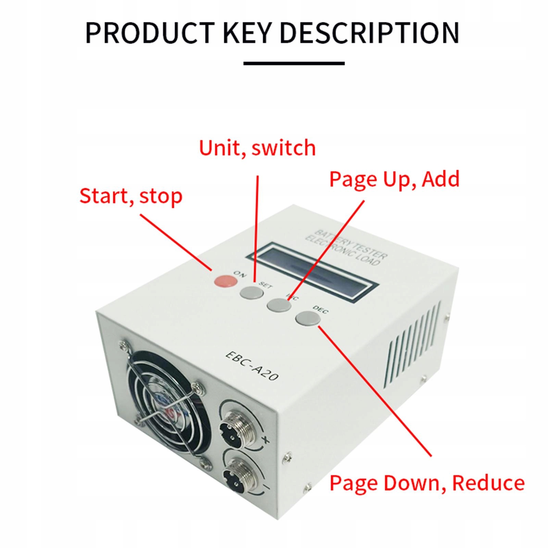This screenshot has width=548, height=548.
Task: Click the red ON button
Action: pos(225,281)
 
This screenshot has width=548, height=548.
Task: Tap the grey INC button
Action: pos(278,304)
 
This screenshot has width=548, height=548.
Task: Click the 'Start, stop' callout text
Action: pos(131,196)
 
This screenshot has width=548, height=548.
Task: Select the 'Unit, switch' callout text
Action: pos(257,148)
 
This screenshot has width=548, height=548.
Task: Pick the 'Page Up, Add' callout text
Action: pos(394,179)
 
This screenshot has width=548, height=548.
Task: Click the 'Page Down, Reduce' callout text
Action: pos(427,483)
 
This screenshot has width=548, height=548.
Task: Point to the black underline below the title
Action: pos(294,63)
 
